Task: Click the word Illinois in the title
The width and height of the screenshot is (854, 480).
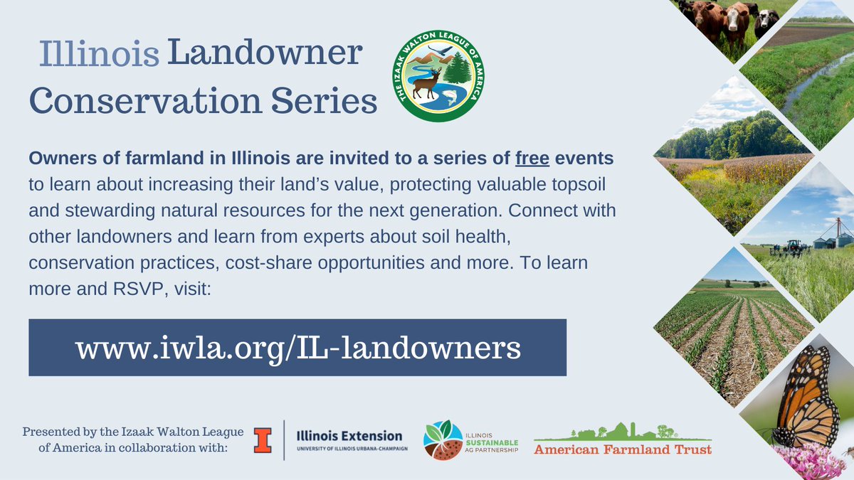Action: pos(99,55)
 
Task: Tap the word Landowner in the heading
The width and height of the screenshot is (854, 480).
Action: pos(265,55)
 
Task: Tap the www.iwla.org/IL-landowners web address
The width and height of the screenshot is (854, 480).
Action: pos(297,347)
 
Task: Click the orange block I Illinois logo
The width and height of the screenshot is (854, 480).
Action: pos(263,440)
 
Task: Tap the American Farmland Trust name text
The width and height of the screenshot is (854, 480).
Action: pos(623,449)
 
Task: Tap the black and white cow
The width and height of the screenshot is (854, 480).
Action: pos(766,21)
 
